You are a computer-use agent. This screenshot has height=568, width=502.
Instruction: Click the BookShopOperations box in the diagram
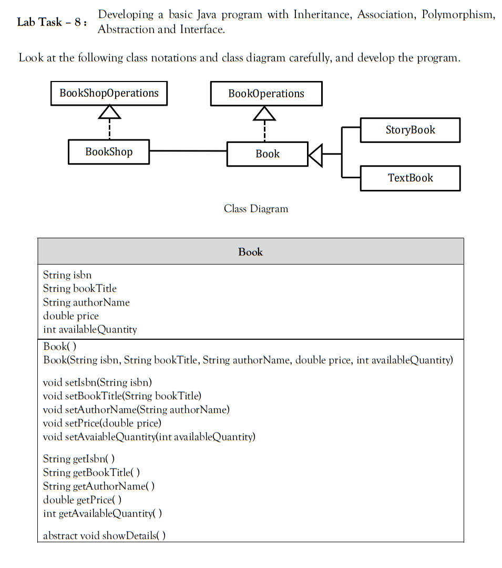[x=109, y=94]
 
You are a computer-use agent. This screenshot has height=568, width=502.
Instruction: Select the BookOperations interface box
[x=266, y=94]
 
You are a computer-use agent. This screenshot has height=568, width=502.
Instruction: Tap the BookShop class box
[x=109, y=152]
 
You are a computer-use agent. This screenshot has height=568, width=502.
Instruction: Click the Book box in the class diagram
[x=268, y=154]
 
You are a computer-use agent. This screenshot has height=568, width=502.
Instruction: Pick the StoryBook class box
[x=410, y=130]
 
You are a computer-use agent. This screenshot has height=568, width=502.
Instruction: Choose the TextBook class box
[x=410, y=178]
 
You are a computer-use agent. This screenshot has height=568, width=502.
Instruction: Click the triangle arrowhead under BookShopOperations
[x=109, y=112]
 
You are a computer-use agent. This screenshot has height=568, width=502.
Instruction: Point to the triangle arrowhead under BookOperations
[x=264, y=113]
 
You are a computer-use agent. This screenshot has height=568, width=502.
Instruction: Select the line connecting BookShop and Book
[x=188, y=151]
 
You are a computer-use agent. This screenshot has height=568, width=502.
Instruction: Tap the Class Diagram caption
[x=256, y=209]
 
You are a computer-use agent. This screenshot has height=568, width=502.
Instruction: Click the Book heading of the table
[x=250, y=252]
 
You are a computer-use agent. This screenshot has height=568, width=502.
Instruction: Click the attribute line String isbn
[x=67, y=275]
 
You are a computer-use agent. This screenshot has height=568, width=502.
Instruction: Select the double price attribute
[x=71, y=316]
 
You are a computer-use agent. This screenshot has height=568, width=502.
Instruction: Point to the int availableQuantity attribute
[x=90, y=329]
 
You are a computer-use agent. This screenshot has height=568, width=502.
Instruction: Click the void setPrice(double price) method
[x=102, y=423]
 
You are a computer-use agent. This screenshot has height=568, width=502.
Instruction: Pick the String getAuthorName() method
[x=99, y=486]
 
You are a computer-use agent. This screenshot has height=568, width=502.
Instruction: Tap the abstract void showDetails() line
[x=104, y=535]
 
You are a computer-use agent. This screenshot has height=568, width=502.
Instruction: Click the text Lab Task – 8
[x=52, y=22]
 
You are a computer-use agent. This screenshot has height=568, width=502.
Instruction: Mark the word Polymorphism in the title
[x=458, y=15]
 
